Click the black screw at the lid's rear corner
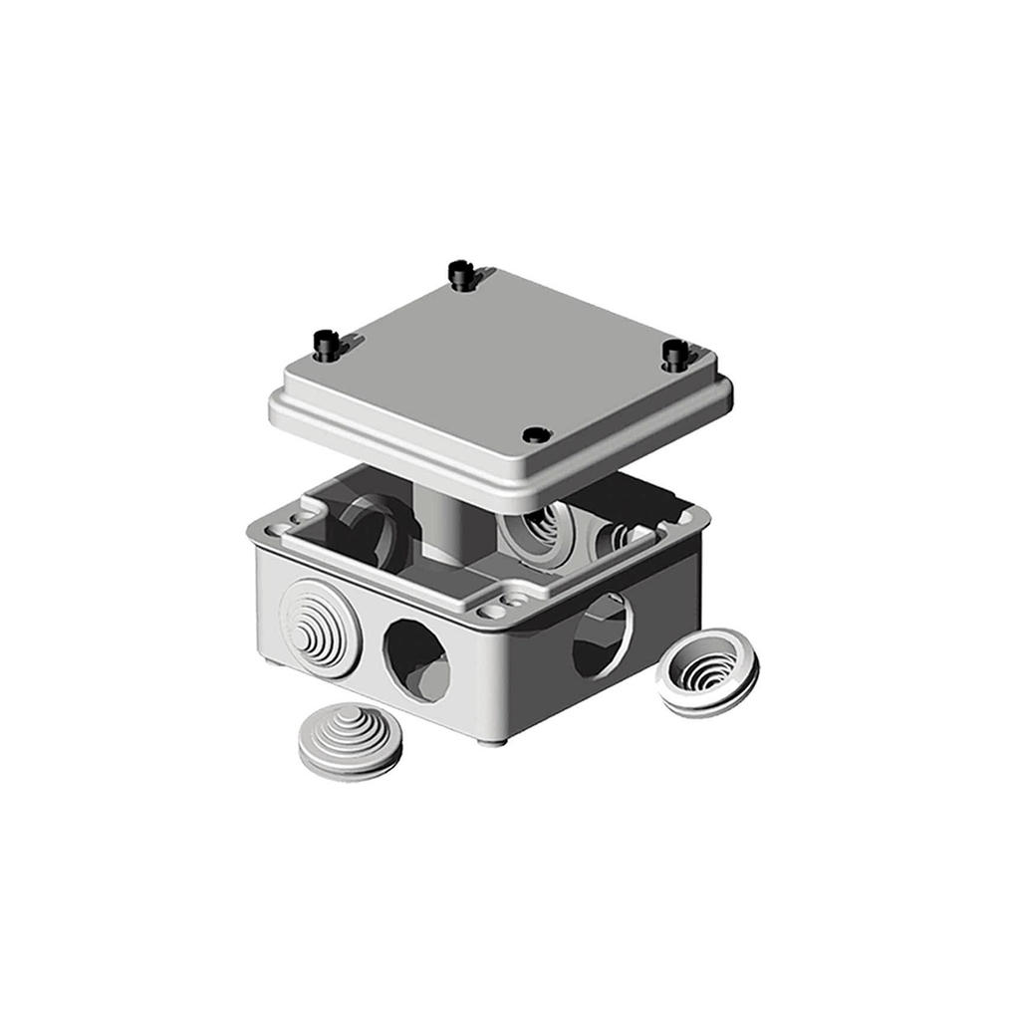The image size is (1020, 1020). [459, 274]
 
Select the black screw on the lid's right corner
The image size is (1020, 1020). [674, 354]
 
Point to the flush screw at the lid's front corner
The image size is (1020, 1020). [536, 434]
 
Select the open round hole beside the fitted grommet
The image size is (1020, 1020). [415, 658]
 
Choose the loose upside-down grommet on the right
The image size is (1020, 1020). [707, 671]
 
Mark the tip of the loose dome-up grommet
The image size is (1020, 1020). [349, 715]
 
